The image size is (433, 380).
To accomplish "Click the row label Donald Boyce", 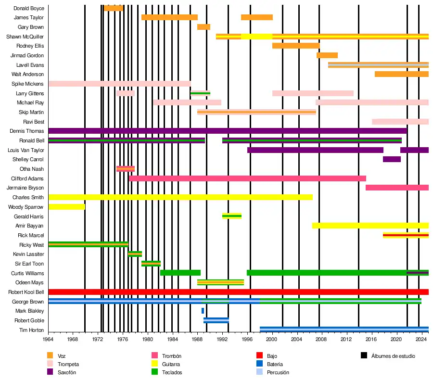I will tap(29, 8).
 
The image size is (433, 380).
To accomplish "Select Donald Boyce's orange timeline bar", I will tap(114, 8).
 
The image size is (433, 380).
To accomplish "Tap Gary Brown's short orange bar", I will tap(204, 27).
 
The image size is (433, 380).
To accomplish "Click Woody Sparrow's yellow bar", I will tap(67, 207).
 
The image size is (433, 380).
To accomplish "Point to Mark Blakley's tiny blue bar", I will tap(203, 311).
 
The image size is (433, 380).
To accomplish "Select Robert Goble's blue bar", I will tap(216, 320).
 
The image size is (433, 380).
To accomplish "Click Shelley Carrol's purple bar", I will tap(392, 159).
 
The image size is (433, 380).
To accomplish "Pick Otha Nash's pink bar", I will tap(126, 169).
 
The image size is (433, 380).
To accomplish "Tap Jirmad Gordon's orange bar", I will tap(327, 55).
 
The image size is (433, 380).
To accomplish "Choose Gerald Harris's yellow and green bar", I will tap(232, 216).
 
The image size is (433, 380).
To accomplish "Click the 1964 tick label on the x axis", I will tap(49, 340).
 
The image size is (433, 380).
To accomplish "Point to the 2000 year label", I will tap(272, 340).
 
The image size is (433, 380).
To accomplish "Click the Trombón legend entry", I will tap(172, 356).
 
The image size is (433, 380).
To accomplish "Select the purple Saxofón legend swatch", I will tap(50, 372).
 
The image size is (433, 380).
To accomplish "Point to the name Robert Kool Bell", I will tap(26, 292).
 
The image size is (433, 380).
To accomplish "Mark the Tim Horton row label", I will tap(32, 330).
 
